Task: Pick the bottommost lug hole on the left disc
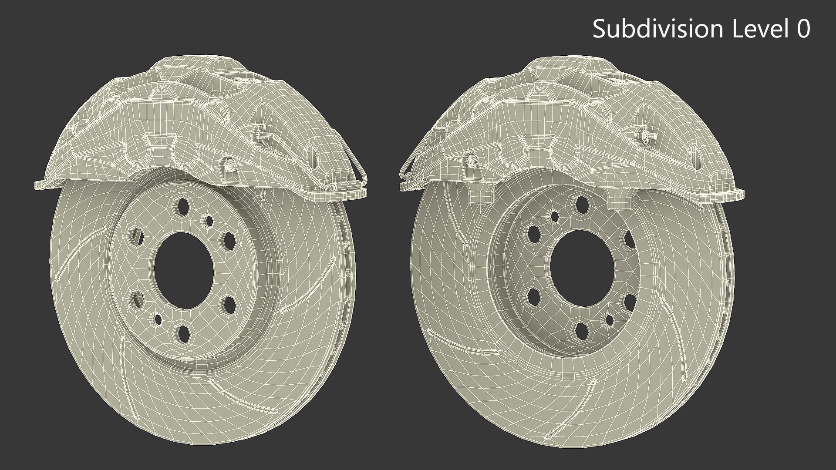(x=183, y=333)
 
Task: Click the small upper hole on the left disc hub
(x=208, y=221)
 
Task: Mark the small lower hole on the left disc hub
(x=157, y=320)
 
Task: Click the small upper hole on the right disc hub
(x=554, y=215)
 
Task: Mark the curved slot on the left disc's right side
(x=308, y=285)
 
